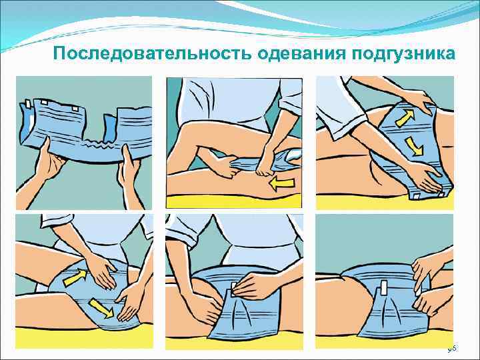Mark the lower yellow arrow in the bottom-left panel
(x=103, y=309)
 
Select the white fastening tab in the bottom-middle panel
(x=234, y=289)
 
